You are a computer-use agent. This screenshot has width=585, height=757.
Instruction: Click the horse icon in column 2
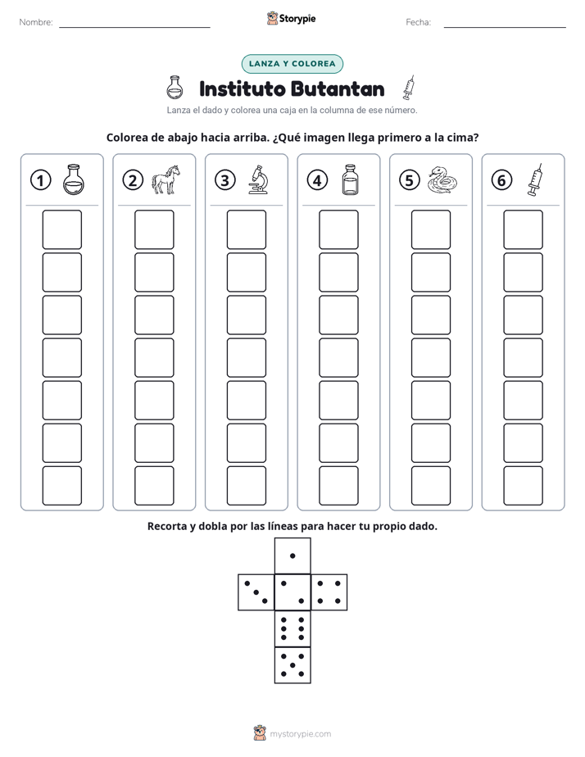click(166, 179)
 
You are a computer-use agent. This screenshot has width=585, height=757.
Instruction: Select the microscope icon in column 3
click(258, 179)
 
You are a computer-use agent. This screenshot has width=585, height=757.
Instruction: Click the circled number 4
click(317, 180)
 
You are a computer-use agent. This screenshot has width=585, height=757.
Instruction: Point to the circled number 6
click(501, 180)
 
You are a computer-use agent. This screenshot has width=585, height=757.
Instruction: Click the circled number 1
click(40, 180)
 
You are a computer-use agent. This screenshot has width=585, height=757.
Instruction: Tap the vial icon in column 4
click(350, 179)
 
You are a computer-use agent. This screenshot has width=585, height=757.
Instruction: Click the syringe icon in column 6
click(534, 179)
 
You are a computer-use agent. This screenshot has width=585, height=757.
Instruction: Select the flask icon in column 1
click(74, 179)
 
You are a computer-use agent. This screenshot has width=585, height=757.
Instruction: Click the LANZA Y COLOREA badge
click(292, 64)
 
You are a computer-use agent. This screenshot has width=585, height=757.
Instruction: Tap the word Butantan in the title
click(338, 88)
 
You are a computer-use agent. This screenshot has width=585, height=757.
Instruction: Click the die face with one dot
click(292, 555)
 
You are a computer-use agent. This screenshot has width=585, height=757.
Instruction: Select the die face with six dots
click(292, 628)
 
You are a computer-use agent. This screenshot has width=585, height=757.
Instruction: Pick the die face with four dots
click(329, 592)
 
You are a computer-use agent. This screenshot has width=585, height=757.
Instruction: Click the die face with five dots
click(292, 665)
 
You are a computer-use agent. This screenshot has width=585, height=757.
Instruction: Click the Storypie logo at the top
click(291, 19)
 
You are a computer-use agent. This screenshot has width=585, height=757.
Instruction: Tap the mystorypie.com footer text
click(300, 734)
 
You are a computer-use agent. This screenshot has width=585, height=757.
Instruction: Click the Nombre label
click(36, 22)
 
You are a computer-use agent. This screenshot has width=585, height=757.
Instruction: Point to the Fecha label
click(418, 22)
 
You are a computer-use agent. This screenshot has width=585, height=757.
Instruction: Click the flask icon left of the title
click(175, 88)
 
